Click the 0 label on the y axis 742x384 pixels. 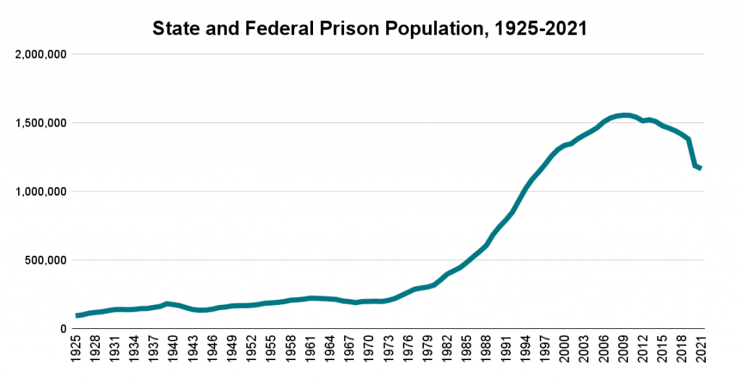click(x=64, y=329)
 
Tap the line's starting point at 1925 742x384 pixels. click(x=77, y=316)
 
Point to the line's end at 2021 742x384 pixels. click(x=701, y=169)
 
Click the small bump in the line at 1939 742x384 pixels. click(x=167, y=304)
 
